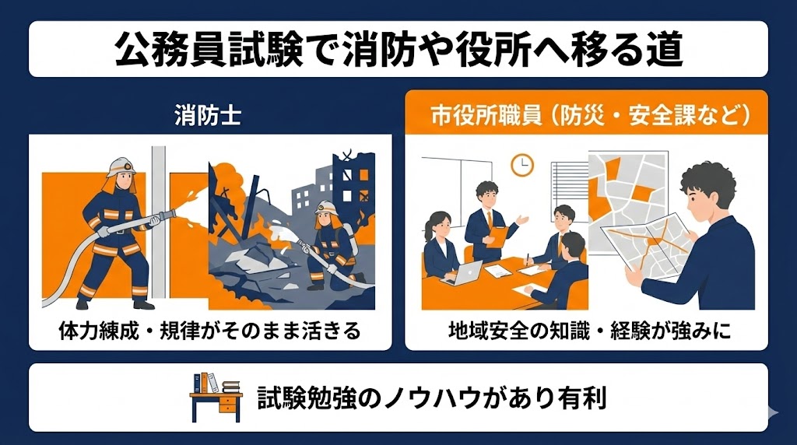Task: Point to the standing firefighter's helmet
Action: click(x=121, y=166)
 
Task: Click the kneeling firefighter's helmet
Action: click(x=326, y=207)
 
